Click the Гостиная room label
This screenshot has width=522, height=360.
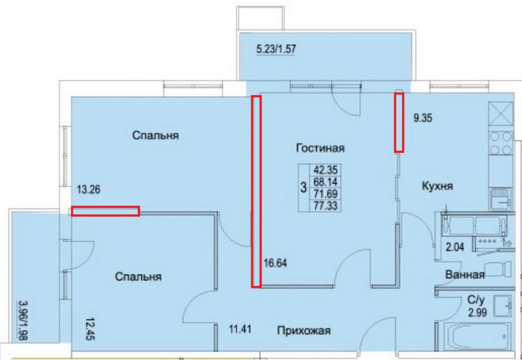[x=320, y=149]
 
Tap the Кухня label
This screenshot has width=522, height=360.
[x=438, y=186]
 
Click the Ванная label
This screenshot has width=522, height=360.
[x=465, y=275]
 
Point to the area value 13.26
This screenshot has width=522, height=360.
[x=88, y=191]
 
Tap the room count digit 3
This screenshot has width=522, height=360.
[x=303, y=187]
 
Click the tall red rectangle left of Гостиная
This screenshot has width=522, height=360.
[x=256, y=191]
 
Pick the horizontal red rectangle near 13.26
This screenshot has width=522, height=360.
[x=105, y=211]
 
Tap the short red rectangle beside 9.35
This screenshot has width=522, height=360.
[x=399, y=122]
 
